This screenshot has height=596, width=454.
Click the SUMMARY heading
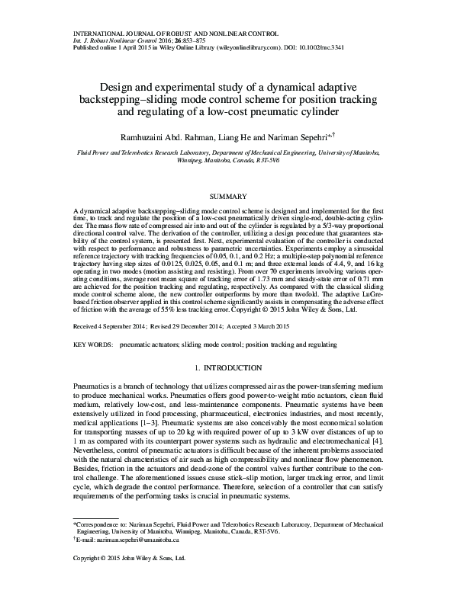[227, 197]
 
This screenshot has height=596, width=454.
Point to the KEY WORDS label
[92, 344]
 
